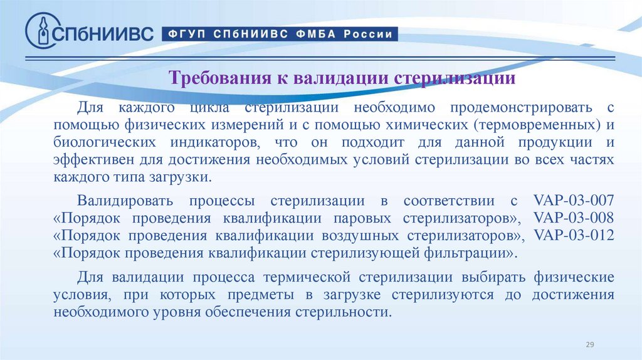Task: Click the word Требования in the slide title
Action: coord(217,80)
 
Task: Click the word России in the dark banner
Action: coord(370,34)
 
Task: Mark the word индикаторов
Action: coord(206,142)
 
